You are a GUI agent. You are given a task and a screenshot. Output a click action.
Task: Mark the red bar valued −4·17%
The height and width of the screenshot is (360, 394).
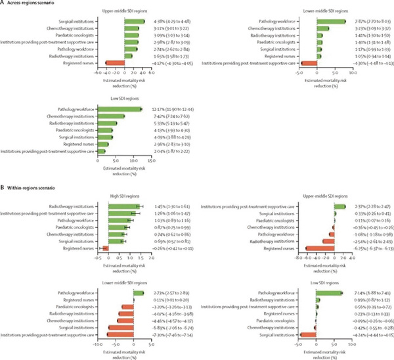pyautogui.click(x=115, y=62)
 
